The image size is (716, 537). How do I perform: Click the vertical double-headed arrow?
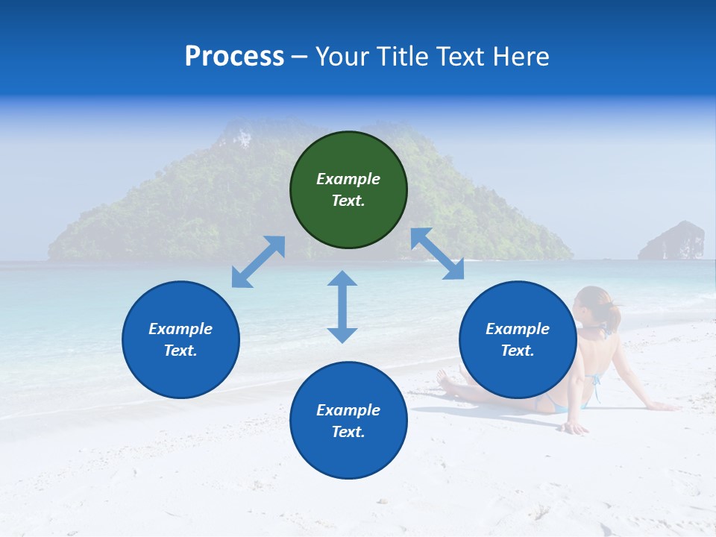(342, 307)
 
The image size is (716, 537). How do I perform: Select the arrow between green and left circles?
(258, 262)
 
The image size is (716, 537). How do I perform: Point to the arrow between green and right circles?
(437, 254)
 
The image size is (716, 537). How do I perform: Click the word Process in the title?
(234, 57)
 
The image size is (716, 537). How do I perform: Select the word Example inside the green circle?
(348, 179)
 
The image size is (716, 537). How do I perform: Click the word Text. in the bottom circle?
(348, 432)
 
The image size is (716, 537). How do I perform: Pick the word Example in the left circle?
(180, 329)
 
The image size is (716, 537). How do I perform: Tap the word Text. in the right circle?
(517, 351)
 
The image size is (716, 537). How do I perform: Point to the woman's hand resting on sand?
(574, 428)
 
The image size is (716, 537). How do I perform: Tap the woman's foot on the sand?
(446, 383)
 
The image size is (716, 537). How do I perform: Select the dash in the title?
(299, 57)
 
